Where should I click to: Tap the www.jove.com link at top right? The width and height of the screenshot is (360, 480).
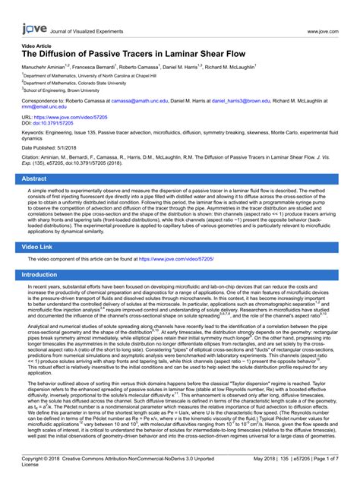click(322, 31)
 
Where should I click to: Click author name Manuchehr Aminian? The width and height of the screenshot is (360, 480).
click(45, 68)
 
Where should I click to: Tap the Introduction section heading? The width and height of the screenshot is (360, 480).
click(46, 274)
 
